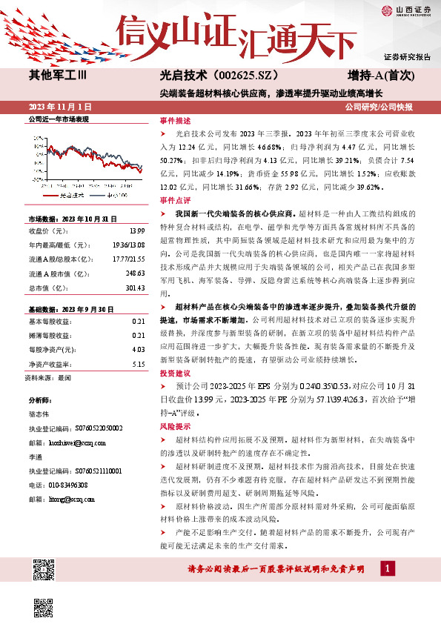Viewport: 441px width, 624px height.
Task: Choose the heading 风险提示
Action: click(175, 426)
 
